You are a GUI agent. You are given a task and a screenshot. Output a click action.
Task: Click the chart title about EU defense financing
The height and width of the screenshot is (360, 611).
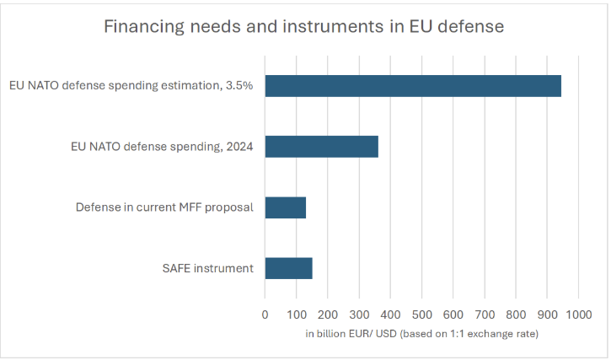303,26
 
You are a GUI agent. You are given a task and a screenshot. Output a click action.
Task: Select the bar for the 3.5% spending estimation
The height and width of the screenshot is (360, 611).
413,86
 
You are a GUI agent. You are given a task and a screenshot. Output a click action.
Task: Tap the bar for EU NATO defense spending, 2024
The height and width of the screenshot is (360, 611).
321,147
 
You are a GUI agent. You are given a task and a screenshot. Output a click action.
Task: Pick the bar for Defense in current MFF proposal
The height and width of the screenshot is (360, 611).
285,207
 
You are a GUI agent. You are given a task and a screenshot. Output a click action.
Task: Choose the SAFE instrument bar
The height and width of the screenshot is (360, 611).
288,268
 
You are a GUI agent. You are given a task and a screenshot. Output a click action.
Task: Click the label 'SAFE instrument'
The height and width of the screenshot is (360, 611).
208,268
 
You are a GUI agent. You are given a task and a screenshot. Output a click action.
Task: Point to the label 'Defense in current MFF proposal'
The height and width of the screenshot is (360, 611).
164,207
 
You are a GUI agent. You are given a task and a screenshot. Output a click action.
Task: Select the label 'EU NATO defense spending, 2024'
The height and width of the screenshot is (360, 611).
167,147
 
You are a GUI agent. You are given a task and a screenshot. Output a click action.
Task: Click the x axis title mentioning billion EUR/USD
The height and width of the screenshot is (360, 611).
421,335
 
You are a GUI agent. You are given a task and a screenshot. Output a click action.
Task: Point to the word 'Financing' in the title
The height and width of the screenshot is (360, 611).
141,26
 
